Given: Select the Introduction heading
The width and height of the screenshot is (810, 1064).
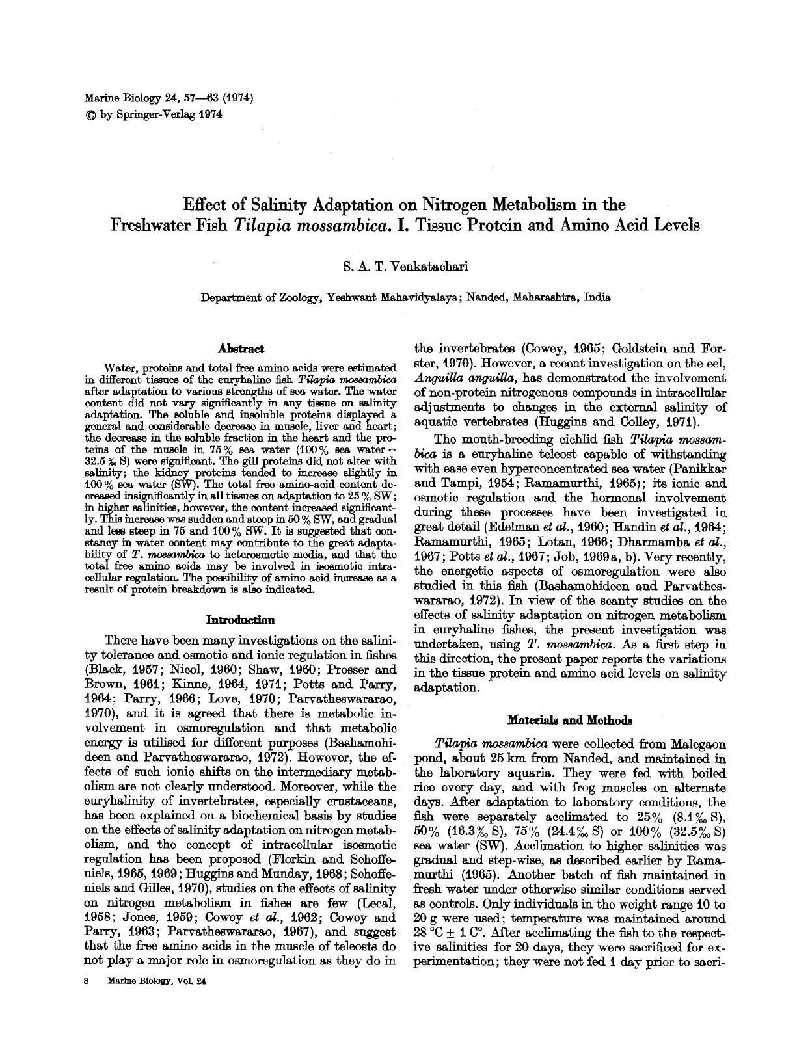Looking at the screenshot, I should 240,620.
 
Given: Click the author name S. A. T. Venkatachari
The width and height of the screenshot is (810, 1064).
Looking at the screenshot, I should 405,267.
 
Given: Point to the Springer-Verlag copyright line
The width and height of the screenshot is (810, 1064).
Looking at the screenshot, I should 154,115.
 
